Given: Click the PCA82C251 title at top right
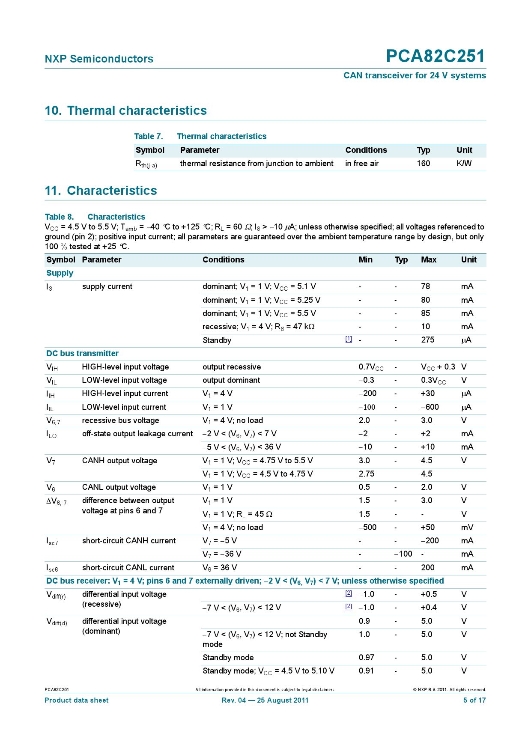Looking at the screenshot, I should (436, 57).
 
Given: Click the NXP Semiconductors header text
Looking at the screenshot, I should (99, 59).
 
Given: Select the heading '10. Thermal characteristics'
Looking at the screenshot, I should (126, 110).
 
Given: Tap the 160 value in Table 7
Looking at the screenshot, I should (423, 164).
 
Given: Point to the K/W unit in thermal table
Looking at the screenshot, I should (464, 164).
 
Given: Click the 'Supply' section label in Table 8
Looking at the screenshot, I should (60, 273).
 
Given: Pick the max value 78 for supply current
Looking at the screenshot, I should (425, 286).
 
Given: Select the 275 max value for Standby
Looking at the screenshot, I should (427, 340).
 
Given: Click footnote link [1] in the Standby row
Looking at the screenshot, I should (349, 339).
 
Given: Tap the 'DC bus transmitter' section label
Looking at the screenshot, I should (82, 354).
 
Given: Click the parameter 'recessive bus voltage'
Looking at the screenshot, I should (120, 420).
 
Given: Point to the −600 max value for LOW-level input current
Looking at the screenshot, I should (430, 407).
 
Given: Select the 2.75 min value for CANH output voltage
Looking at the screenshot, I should (366, 474).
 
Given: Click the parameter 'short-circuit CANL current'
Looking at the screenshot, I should (128, 568).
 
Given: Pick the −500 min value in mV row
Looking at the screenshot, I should (367, 527).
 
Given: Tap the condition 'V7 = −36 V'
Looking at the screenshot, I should (222, 554).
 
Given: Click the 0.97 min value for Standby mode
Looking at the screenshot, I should (366, 658).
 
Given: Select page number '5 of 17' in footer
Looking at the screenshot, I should (474, 700).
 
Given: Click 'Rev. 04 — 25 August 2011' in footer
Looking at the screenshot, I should (265, 700).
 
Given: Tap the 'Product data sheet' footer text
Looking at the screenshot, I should (77, 700).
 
